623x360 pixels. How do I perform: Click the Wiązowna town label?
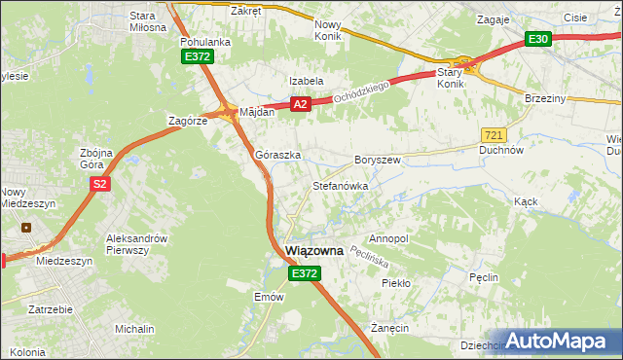(314, 251)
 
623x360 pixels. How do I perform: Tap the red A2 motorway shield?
(300, 104)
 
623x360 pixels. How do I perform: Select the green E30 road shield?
(538, 39)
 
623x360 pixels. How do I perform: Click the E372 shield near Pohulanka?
(197, 57)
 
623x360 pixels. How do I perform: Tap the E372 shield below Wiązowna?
(304, 275)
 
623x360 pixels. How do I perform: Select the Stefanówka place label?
(340, 185)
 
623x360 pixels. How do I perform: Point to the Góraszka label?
(277, 155)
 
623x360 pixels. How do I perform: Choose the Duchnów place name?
(502, 151)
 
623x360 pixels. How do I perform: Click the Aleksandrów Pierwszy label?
(137, 244)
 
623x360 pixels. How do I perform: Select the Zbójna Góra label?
(96, 159)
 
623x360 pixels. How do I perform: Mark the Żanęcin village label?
(388, 329)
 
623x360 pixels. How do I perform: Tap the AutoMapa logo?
(560, 341)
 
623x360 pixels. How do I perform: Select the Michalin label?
(134, 330)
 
